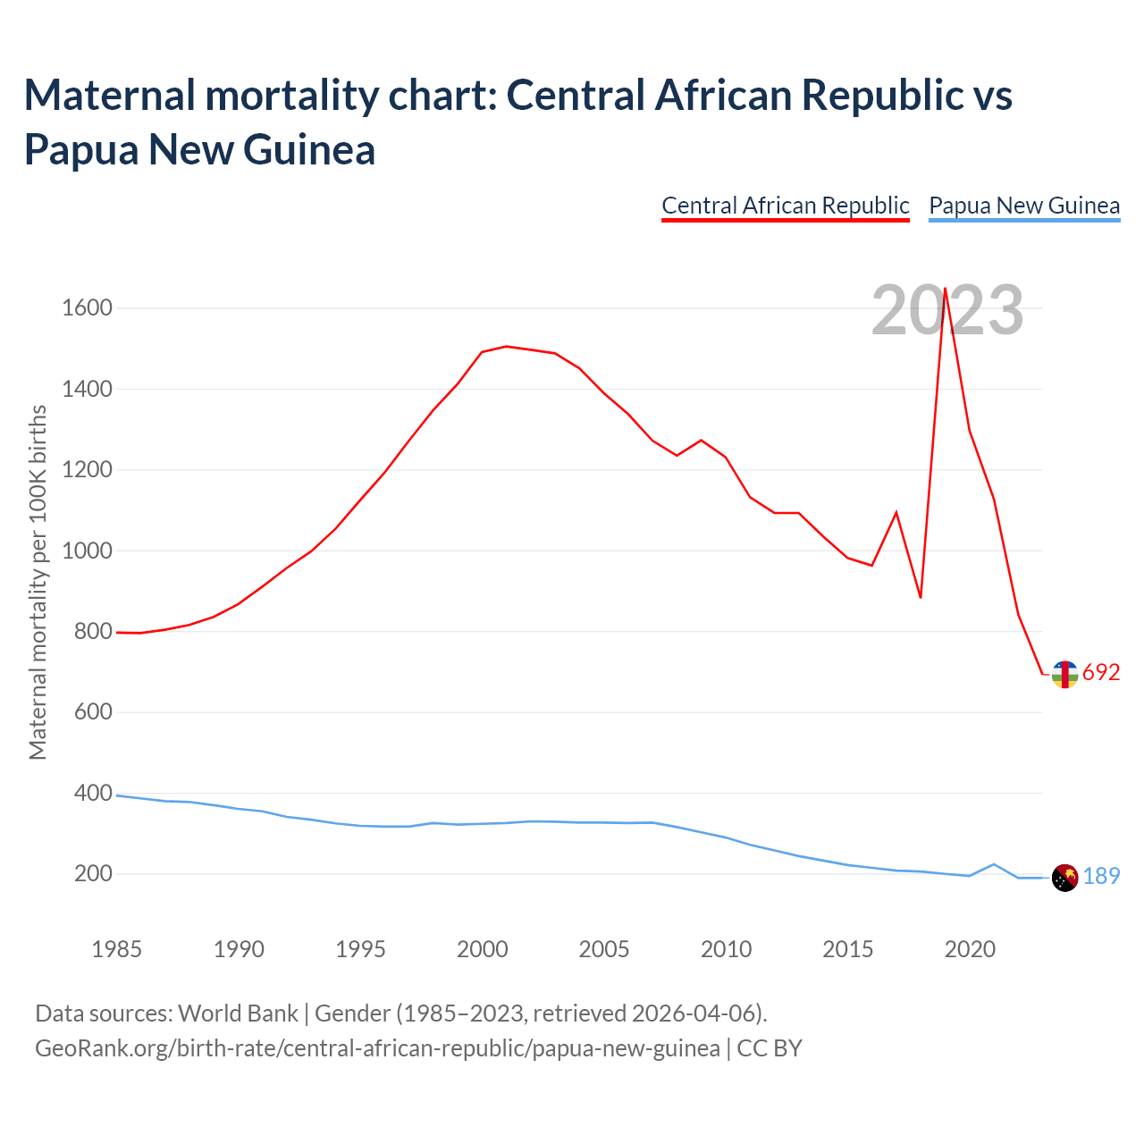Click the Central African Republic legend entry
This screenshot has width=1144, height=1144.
[x=785, y=206]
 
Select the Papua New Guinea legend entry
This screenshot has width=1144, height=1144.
[x=1024, y=206]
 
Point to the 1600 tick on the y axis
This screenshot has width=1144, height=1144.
[x=88, y=308]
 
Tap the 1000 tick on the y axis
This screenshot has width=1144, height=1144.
[x=88, y=551]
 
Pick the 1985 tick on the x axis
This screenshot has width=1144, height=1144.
[x=117, y=949]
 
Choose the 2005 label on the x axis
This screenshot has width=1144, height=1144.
[x=604, y=949]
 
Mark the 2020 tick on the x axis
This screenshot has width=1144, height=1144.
[x=970, y=949]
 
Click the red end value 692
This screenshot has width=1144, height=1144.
[x=1101, y=673]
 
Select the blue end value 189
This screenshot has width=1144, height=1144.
[x=1101, y=877]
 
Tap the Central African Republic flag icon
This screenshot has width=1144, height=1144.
[x=1064, y=675]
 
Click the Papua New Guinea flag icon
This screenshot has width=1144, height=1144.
[x=1064, y=878]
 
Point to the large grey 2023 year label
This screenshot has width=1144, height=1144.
[x=947, y=310]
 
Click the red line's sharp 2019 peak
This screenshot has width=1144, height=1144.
[x=946, y=289]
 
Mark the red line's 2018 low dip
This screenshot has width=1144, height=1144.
[x=921, y=597]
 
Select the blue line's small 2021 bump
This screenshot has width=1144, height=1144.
[x=994, y=864]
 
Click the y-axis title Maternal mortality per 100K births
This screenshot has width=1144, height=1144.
[x=38, y=583]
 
